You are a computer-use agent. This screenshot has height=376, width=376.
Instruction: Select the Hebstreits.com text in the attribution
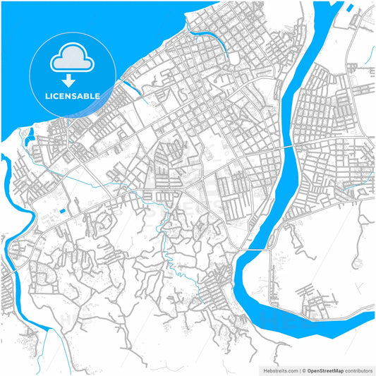tap(279, 370)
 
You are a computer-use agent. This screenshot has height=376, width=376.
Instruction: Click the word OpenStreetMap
tap(325, 370)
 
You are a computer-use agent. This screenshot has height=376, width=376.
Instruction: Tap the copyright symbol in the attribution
tap(303, 370)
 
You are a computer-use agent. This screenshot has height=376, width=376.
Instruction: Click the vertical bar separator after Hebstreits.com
tap(298, 370)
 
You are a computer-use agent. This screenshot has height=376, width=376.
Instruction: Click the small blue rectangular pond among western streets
tap(62, 210)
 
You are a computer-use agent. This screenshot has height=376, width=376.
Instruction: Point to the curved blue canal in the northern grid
tap(212, 40)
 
